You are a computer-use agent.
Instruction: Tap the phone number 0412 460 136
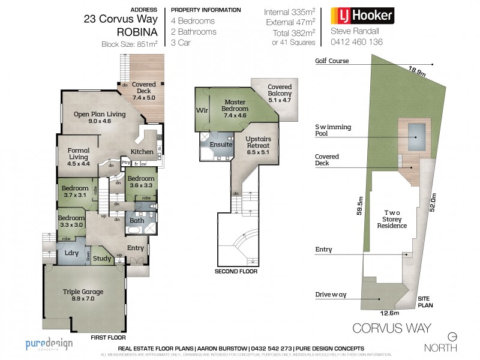pyautogui.click(x=356, y=42)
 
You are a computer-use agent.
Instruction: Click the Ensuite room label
pyautogui.click(x=220, y=145)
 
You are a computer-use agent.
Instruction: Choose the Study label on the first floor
pyautogui.click(x=103, y=259)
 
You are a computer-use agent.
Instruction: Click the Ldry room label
pyautogui.click(x=71, y=253)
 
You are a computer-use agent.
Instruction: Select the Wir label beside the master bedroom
pyautogui.click(x=201, y=111)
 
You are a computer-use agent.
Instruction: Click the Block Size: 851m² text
pyautogui.click(x=130, y=44)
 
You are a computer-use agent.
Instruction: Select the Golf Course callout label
pyautogui.click(x=332, y=61)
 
